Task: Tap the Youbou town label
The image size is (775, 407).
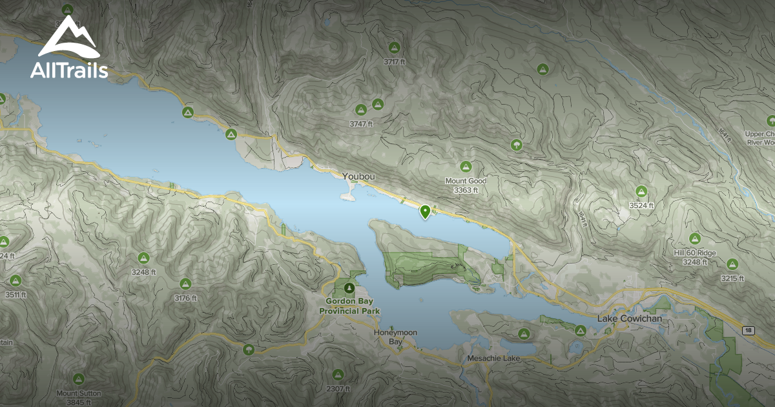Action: [x=358, y=176]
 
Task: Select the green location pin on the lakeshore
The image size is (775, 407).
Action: [x=425, y=211]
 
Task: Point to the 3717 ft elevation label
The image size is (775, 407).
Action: [x=394, y=62]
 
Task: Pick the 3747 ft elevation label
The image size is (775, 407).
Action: [x=361, y=123]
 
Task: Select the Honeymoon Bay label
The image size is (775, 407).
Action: [x=396, y=337]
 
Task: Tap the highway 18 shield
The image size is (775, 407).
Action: [x=748, y=330]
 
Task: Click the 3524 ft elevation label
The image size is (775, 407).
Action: [x=642, y=205]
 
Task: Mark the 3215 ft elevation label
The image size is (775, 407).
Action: [x=732, y=278]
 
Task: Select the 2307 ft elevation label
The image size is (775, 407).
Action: [x=338, y=389]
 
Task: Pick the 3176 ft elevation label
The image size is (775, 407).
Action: [x=185, y=298]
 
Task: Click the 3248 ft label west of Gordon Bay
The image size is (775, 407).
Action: [x=143, y=272]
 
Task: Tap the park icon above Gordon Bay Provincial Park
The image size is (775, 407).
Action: [x=349, y=287]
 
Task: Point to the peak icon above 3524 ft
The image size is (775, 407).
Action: [x=641, y=191]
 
